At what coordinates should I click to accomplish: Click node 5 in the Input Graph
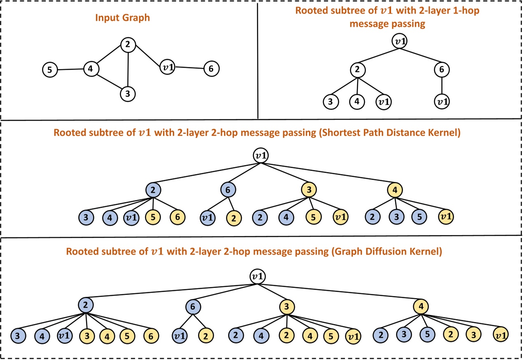[x=50, y=70]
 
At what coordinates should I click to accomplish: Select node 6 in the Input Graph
[x=212, y=69]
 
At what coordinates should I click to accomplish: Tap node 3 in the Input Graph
[x=128, y=94]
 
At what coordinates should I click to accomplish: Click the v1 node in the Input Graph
[x=168, y=68]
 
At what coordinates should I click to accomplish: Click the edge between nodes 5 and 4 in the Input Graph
[x=70, y=69]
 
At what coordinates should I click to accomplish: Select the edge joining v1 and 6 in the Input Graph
[x=189, y=68]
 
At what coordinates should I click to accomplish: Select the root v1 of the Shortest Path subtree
[x=260, y=156]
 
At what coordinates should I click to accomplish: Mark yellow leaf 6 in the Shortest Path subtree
[x=177, y=217]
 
